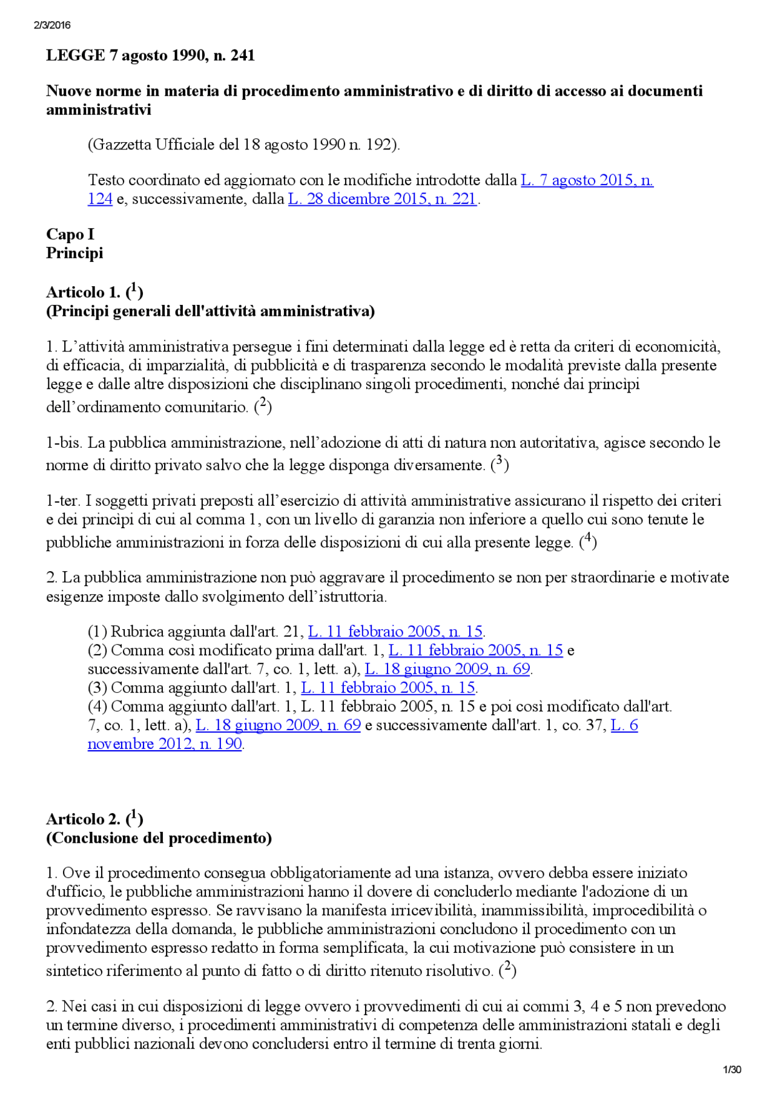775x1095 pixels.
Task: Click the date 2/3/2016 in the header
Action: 52,25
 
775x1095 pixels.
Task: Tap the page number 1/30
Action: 732,1070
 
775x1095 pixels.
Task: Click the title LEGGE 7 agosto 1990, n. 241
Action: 150,56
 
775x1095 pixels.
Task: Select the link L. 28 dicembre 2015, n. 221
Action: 382,199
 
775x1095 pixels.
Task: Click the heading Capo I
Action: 70,234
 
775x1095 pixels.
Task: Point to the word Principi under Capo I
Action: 74,253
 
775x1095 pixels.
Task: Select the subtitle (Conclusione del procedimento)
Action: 159,838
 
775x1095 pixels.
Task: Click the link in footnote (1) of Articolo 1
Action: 395,632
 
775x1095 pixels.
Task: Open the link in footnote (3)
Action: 388,688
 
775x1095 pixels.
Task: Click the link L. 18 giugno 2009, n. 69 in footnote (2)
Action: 447,669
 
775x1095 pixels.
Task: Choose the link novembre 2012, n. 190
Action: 165,744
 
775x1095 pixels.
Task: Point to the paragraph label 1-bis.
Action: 64,443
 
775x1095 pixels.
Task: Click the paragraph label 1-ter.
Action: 62,501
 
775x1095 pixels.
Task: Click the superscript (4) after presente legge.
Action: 587,540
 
